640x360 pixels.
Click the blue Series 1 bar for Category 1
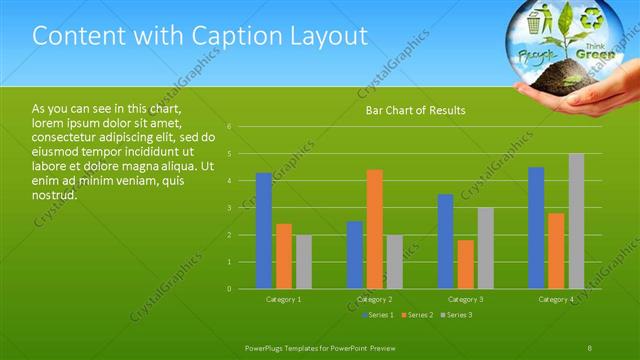264,231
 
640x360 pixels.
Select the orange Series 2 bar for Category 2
374,229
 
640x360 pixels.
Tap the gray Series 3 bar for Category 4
576,221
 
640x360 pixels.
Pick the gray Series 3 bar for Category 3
485,248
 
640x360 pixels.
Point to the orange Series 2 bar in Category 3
465,264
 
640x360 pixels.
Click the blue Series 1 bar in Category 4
536,228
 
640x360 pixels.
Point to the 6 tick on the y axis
230,127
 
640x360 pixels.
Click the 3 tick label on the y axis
230,208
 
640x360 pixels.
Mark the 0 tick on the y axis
230,289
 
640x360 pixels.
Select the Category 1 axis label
284,300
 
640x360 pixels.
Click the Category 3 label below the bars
465,300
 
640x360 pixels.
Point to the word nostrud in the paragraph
55,195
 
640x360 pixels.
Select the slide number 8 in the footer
590,347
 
